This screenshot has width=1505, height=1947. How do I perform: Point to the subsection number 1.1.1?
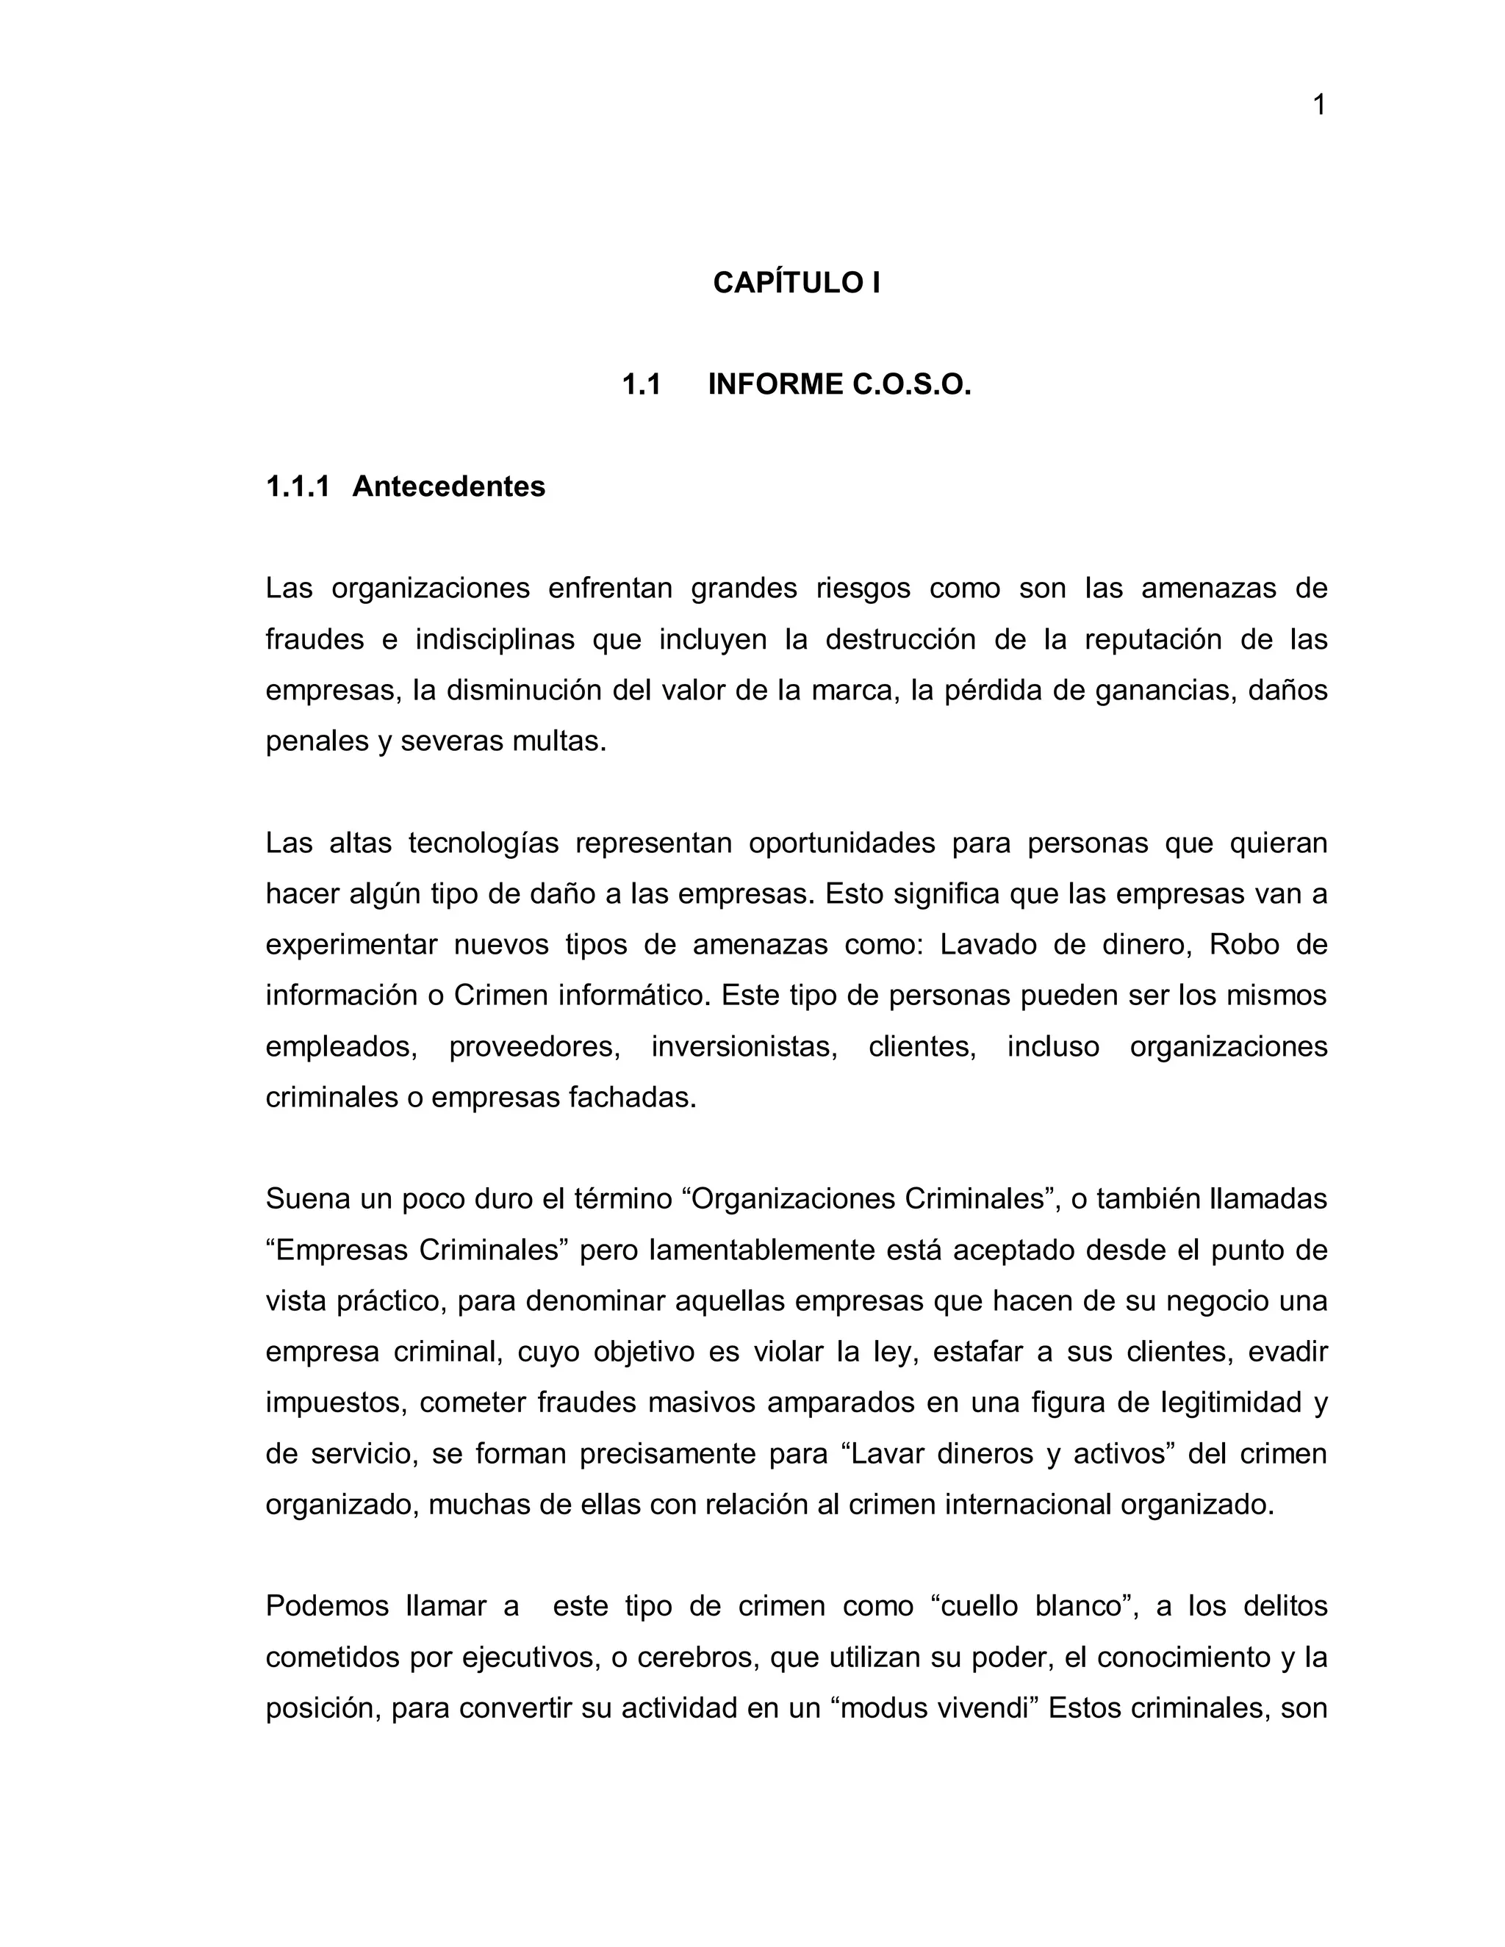298,486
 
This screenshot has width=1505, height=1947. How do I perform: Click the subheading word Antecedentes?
448,486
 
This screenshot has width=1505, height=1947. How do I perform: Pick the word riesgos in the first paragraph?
863,589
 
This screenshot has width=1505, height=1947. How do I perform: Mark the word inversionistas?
744,1046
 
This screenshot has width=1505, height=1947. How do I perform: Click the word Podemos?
327,1605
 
